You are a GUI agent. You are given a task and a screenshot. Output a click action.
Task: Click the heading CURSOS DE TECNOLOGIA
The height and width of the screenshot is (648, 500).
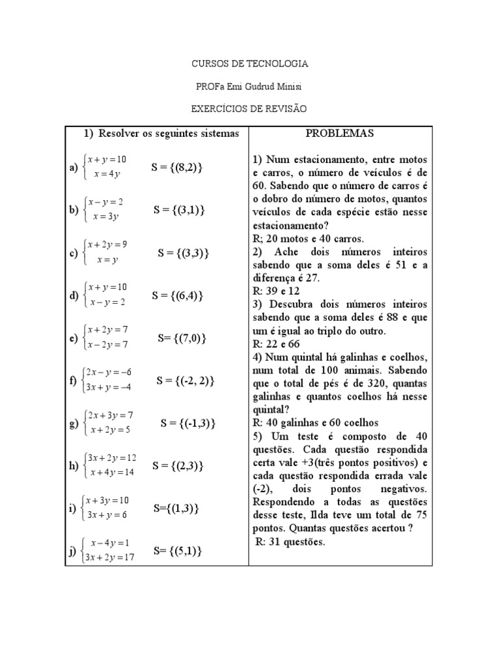coord(249,64)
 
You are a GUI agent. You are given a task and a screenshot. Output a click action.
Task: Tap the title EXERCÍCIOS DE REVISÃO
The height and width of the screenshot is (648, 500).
coord(249,108)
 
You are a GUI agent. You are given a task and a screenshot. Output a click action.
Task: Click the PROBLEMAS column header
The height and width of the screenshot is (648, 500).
coord(340,134)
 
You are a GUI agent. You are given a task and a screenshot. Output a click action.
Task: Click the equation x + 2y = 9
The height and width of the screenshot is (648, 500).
coord(107,244)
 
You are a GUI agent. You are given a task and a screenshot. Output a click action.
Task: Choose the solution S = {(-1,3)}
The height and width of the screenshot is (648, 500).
coord(187,423)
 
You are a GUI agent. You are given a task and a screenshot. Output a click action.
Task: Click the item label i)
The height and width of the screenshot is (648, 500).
coord(72,509)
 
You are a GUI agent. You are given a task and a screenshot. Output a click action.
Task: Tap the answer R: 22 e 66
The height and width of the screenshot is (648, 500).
coord(276,344)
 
